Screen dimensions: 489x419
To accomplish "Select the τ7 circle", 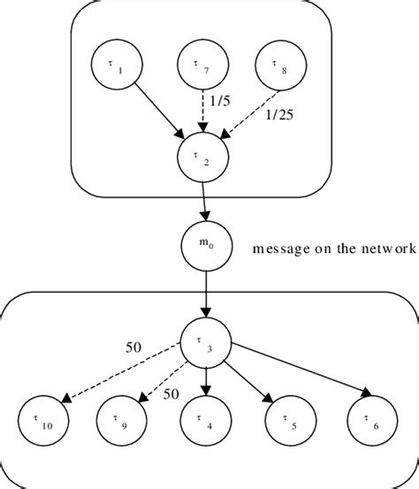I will coord(202,66).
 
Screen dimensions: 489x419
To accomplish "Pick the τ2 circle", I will coord(204,160).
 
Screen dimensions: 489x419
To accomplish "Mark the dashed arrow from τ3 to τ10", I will coord(124,375).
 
